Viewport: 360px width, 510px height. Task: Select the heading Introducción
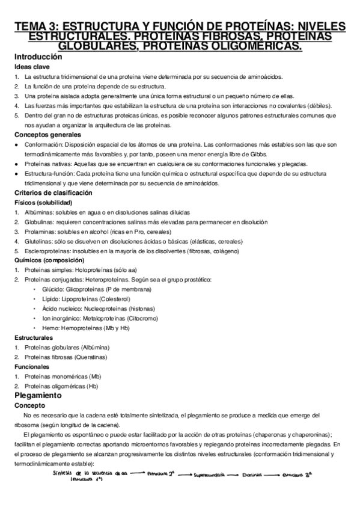(38, 57)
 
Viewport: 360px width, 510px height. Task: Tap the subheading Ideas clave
(31, 67)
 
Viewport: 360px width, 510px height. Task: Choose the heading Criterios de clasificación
(53, 193)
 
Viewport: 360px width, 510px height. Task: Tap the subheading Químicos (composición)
(49, 260)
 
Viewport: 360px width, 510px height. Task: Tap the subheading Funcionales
(31, 366)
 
